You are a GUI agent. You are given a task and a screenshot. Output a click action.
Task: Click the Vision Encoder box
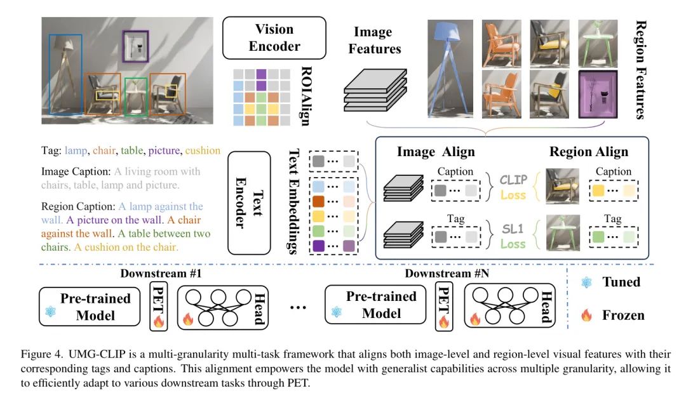[x=274, y=37]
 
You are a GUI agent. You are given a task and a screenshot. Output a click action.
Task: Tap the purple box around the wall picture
[x=135, y=46]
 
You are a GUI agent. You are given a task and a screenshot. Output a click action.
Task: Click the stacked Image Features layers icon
[x=375, y=90]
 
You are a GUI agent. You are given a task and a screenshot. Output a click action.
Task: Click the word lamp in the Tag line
[x=75, y=151]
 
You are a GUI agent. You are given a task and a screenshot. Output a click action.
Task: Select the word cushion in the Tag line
[x=203, y=151]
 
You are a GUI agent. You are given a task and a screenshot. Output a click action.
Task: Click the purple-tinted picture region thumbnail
[x=597, y=95]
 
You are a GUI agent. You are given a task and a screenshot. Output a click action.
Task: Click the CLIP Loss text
[x=513, y=187]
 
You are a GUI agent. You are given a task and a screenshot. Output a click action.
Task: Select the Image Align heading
[x=436, y=152]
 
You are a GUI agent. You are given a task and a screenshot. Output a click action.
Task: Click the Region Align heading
[x=588, y=152]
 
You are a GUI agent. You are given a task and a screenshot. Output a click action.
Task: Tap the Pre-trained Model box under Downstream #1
[x=90, y=306]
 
